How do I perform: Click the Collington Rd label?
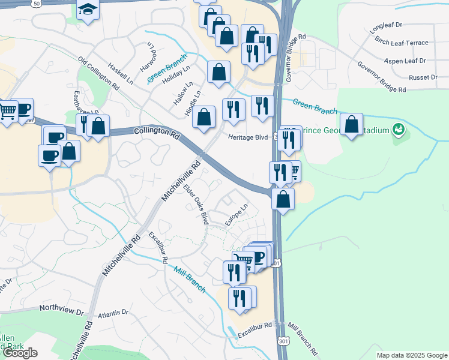157,133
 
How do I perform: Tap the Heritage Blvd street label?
247,137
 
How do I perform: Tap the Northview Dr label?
62,310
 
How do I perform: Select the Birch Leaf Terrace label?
402,43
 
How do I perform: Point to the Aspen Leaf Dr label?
405,61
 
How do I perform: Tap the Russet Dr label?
423,77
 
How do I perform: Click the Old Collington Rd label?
98,73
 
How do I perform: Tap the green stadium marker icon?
398,129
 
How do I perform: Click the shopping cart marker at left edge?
7,110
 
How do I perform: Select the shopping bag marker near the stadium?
351,125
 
